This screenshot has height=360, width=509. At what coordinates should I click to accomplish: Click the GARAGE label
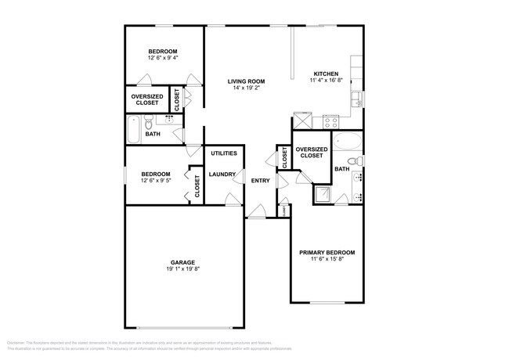click(x=182, y=262)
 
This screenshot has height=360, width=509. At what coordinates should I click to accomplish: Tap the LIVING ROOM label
click(x=246, y=81)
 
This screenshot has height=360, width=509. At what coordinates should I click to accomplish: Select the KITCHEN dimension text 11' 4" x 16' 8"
click(x=325, y=79)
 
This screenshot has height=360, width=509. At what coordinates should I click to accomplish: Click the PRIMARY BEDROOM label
click(x=327, y=253)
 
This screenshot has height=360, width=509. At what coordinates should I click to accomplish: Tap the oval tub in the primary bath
click(x=347, y=142)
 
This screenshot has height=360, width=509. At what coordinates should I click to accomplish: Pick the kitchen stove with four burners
click(x=330, y=121)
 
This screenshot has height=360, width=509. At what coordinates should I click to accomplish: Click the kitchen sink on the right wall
click(x=357, y=99)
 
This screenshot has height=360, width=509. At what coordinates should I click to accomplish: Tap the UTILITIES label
click(x=223, y=153)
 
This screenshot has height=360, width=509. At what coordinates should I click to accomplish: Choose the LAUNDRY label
click(x=222, y=175)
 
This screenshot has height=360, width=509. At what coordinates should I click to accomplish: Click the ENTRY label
click(x=260, y=181)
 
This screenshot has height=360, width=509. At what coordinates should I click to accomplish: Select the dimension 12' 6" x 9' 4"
click(x=162, y=58)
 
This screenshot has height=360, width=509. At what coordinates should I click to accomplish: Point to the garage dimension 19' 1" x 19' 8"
click(x=182, y=269)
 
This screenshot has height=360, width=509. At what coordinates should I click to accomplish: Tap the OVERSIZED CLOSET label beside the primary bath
click(x=311, y=152)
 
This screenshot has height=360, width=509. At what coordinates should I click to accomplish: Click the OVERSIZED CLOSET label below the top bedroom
click(x=146, y=99)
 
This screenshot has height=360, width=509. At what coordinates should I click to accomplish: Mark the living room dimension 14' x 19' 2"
click(x=246, y=88)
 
